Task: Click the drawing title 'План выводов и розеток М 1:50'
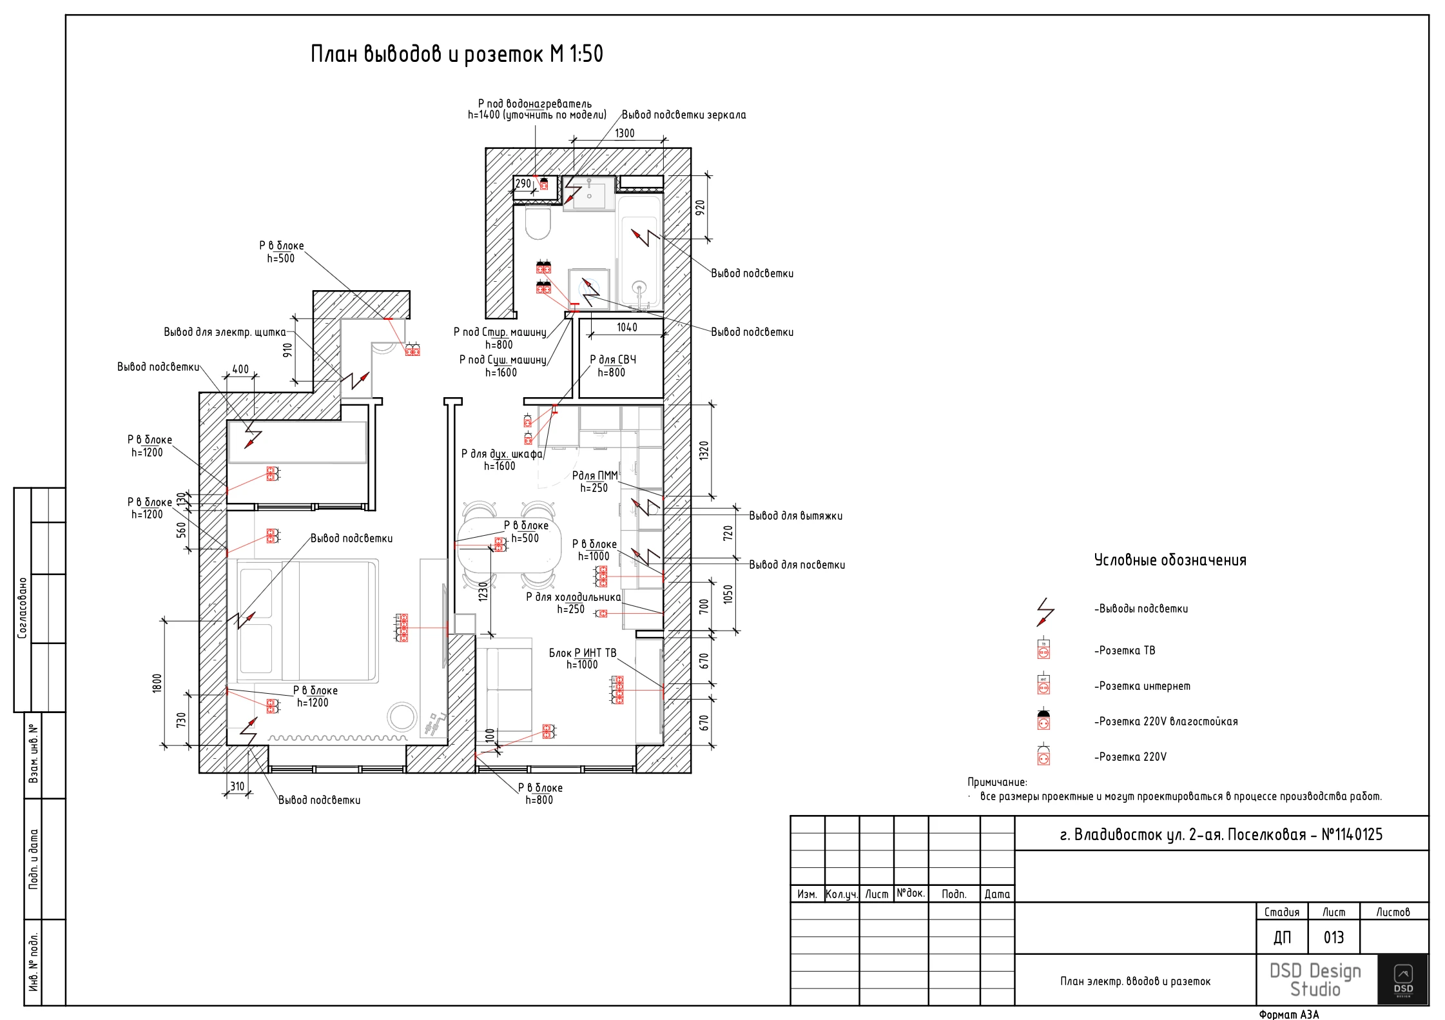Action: (x=456, y=54)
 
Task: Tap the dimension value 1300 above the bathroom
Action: (x=625, y=133)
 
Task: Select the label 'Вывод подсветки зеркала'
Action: (x=684, y=115)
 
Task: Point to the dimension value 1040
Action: (x=627, y=328)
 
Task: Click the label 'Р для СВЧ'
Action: (x=613, y=360)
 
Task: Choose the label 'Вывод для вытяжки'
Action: (x=796, y=516)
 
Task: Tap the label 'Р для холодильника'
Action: (x=574, y=597)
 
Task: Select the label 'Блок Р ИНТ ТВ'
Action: (x=583, y=653)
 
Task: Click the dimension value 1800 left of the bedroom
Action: (x=157, y=683)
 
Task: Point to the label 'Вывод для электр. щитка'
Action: (x=224, y=332)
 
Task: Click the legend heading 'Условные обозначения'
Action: (x=1170, y=560)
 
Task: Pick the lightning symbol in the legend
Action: (x=1045, y=612)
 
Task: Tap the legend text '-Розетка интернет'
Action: (x=1142, y=686)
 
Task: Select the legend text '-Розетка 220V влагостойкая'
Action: (x=1166, y=721)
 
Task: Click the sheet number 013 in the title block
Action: (x=1333, y=937)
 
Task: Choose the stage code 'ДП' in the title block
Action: (x=1282, y=937)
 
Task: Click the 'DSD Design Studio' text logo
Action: (x=1315, y=980)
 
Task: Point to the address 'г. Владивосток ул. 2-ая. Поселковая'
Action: (x=1183, y=835)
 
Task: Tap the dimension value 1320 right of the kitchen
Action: (x=704, y=450)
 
